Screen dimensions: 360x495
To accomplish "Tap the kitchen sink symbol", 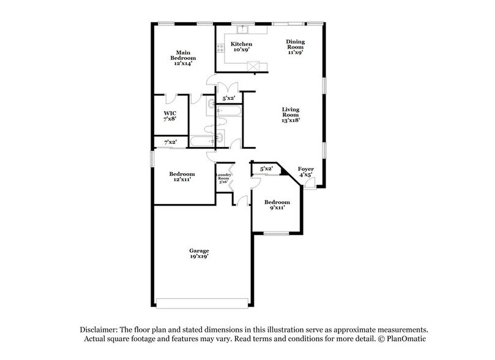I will (242, 28).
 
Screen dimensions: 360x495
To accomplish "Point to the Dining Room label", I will (296, 45).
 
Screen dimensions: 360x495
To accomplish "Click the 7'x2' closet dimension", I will (170, 143).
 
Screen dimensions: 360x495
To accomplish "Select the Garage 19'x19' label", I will (199, 254).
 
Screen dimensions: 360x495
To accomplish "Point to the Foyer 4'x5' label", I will (305, 171).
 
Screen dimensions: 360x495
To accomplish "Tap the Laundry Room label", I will (222, 178).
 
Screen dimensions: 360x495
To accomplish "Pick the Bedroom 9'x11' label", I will (277, 205).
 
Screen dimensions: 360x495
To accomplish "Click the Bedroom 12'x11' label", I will (182, 177).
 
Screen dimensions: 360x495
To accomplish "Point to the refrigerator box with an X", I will (257, 65).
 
